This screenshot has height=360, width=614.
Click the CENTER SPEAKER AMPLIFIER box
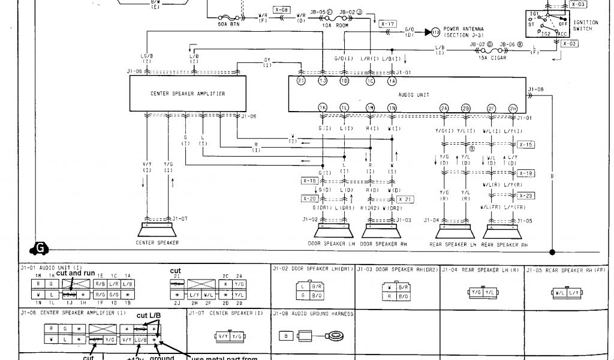[x=188, y=94]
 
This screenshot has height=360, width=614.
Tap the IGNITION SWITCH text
[x=585, y=25]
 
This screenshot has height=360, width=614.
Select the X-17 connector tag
[x=388, y=24]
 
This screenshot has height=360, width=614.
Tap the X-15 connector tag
[x=526, y=145]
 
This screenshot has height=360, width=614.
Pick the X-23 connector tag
[x=526, y=196]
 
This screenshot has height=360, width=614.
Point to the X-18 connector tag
[x=309, y=181]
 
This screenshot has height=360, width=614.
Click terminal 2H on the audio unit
[x=513, y=107]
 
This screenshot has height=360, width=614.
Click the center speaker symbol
[x=157, y=230]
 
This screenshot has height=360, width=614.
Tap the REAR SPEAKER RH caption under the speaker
[x=504, y=245]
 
